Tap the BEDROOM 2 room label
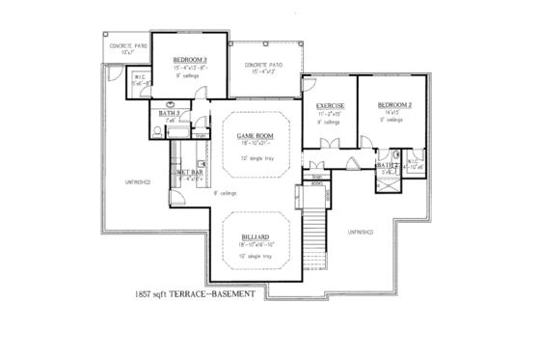[x=395, y=104]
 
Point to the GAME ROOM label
[x=256, y=136]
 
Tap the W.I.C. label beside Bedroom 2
[x=415, y=162]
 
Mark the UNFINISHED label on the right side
[x=359, y=232]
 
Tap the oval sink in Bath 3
[x=171, y=101]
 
